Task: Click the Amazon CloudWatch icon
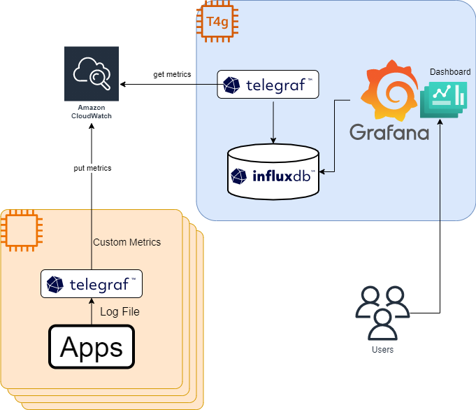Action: coord(91,73)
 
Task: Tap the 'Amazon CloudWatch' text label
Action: coord(91,111)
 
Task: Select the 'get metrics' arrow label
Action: coord(172,74)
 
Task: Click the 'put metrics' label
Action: coord(92,168)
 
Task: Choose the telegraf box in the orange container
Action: coord(92,284)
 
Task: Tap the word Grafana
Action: coord(389,132)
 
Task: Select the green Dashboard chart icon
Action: coord(443,99)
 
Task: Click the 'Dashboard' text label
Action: coord(449,72)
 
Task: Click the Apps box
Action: coord(91,346)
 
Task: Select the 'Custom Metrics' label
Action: coord(127,242)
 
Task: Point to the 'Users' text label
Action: coord(382,349)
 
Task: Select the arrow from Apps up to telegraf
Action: coord(92,311)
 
